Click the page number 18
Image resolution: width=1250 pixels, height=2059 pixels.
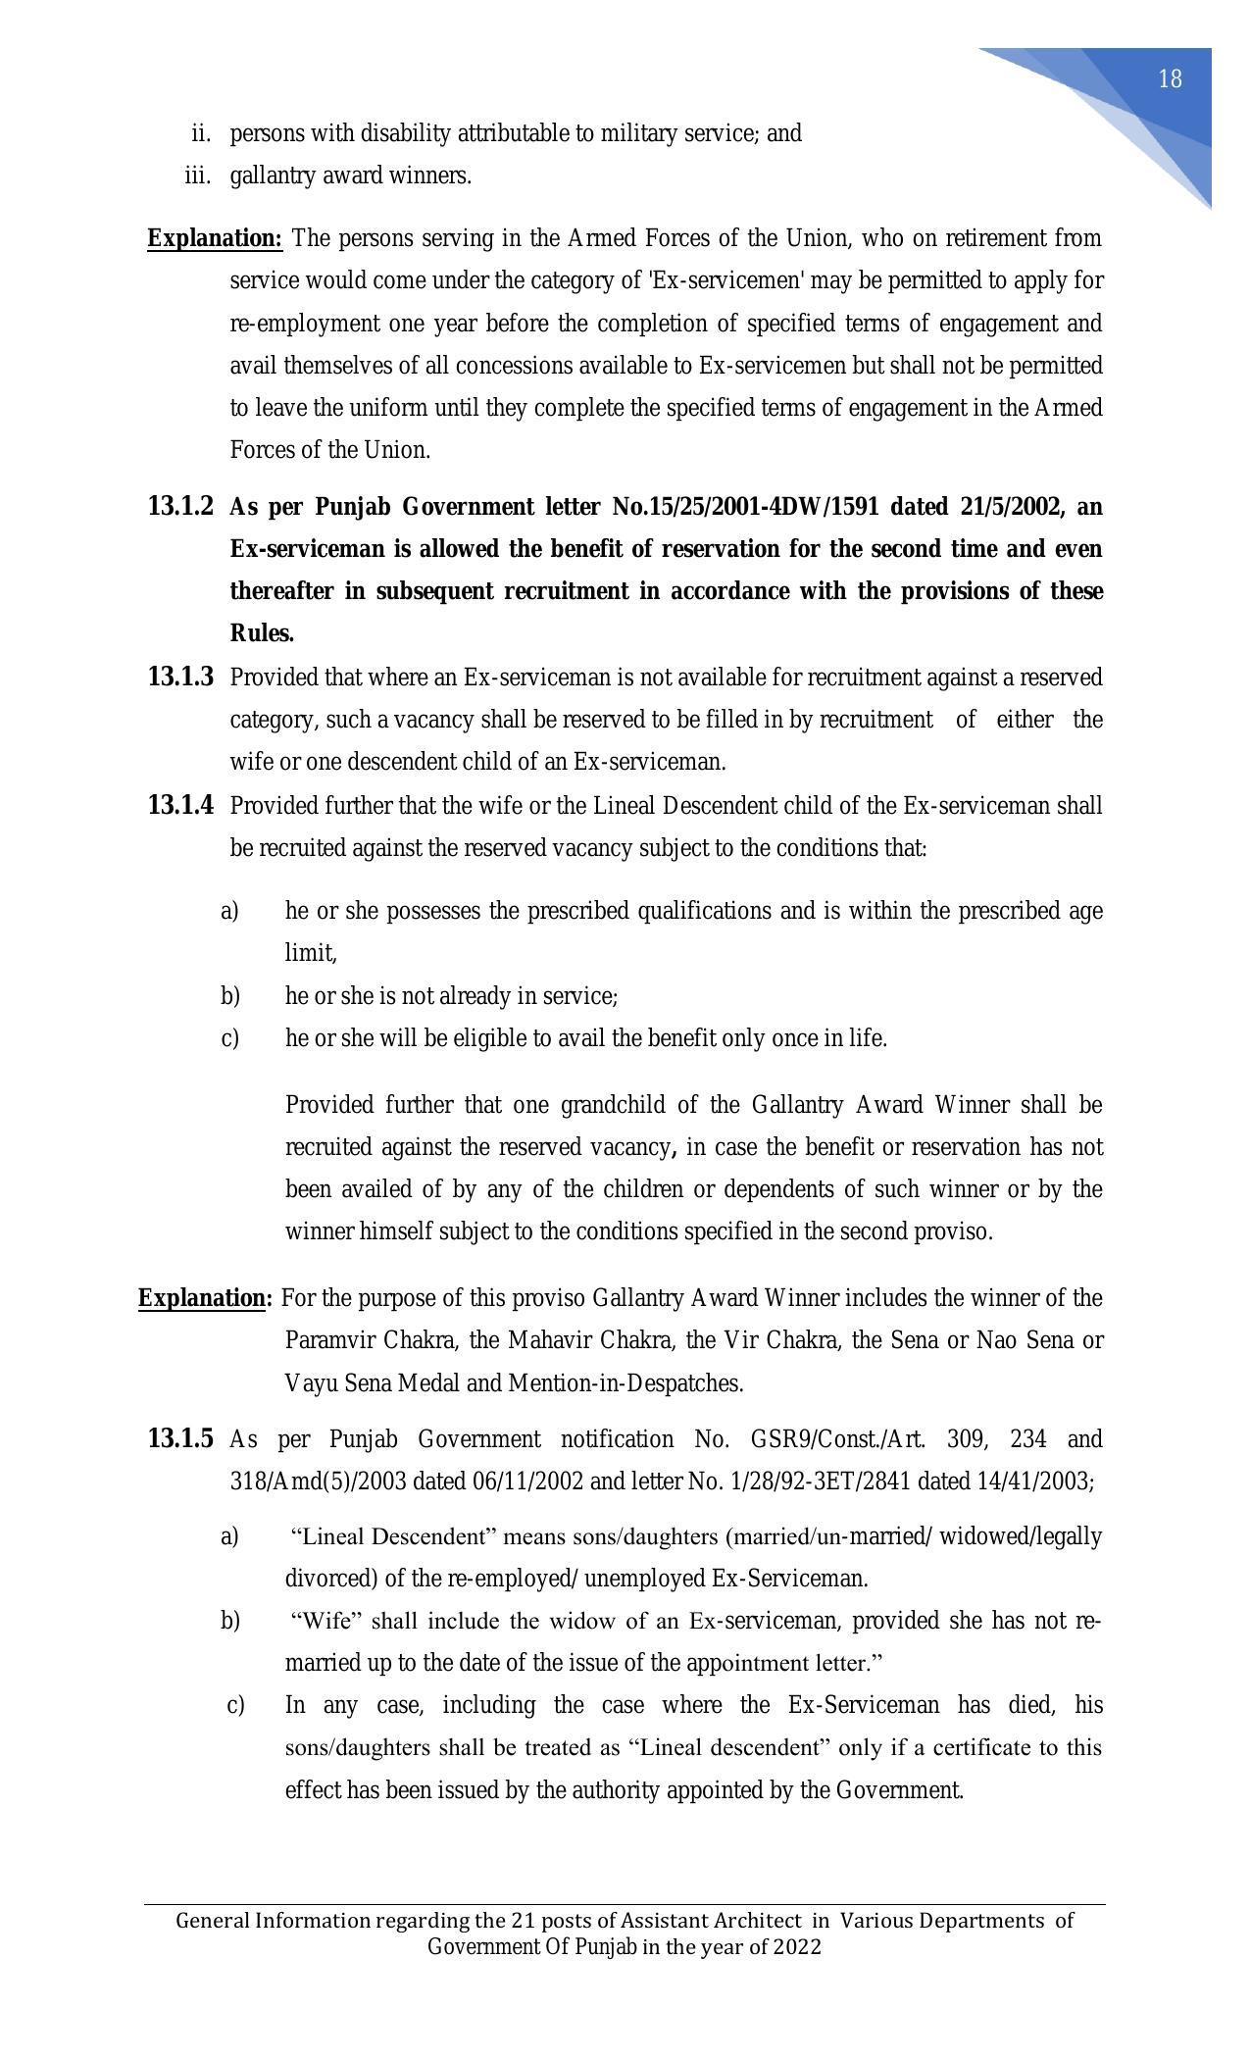pyautogui.click(x=1170, y=79)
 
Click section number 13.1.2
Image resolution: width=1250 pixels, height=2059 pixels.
pyautogui.click(x=180, y=507)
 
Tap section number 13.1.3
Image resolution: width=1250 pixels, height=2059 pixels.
pyautogui.click(x=180, y=677)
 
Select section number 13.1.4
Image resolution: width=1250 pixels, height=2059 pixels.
pyautogui.click(x=180, y=805)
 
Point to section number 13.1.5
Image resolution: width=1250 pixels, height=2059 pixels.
pyautogui.click(x=180, y=1438)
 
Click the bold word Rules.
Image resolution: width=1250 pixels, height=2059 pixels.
pyautogui.click(x=262, y=634)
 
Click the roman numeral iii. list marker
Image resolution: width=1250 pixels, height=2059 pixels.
pyautogui.click(x=198, y=176)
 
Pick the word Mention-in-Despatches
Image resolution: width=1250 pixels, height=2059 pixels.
pyautogui.click(x=625, y=1383)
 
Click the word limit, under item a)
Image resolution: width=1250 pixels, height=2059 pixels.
pyautogui.click(x=311, y=953)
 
